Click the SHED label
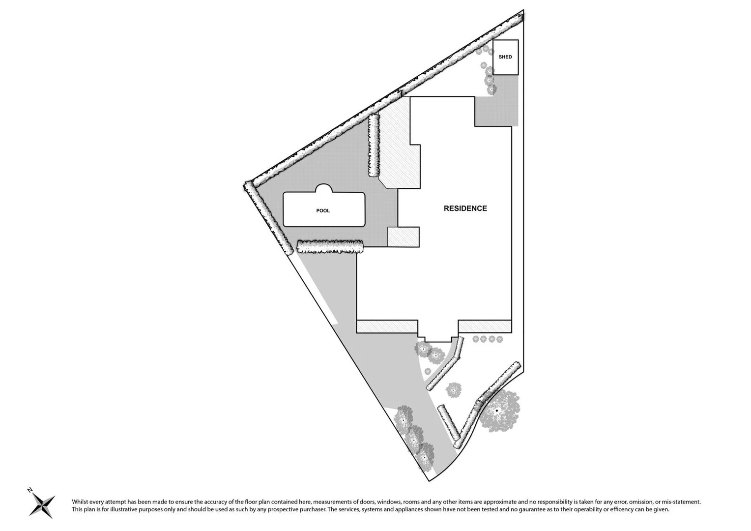(x=505, y=57)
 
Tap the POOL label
(x=323, y=211)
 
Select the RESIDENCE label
(x=465, y=208)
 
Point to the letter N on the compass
(x=30, y=490)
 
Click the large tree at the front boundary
(x=498, y=411)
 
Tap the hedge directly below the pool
(x=330, y=247)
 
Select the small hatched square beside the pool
(x=404, y=237)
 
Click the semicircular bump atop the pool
(x=324, y=189)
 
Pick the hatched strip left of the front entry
(x=387, y=326)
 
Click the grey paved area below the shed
(x=496, y=109)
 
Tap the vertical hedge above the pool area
(x=374, y=146)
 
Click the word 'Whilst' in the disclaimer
(x=81, y=502)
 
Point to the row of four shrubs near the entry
(x=487, y=339)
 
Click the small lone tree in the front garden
(x=454, y=390)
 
